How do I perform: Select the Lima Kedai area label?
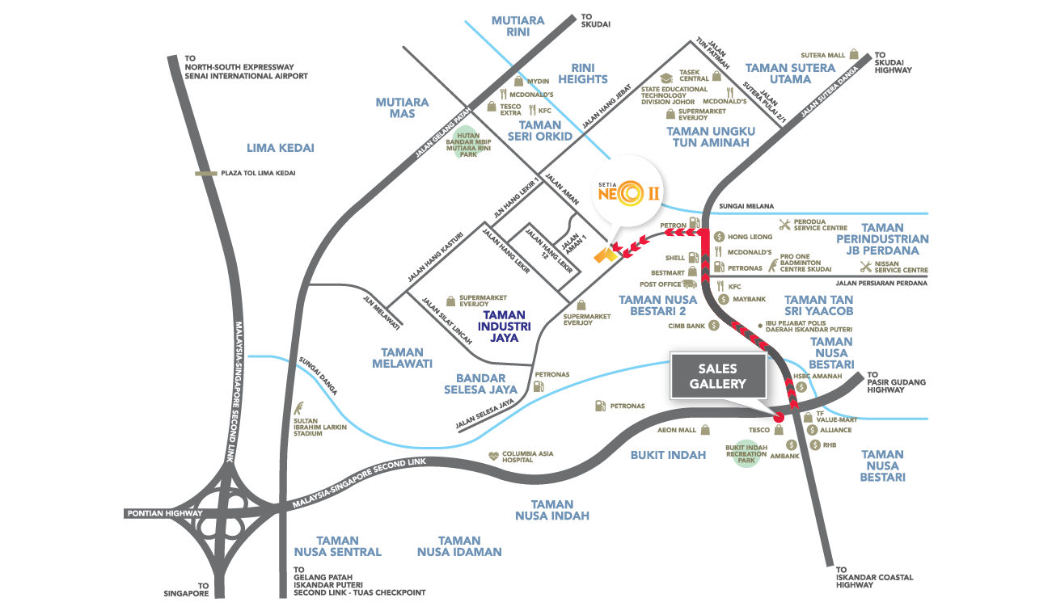[280, 147]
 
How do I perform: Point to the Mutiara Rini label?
[518, 27]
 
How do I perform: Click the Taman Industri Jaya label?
[503, 326]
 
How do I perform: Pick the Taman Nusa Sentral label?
[337, 545]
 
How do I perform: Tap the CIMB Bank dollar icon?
[713, 326]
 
